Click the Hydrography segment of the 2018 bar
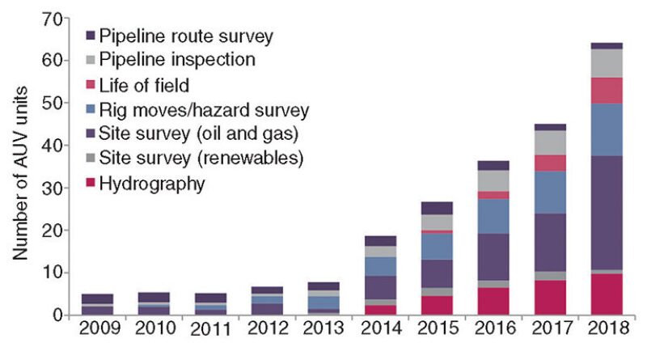click(606, 294)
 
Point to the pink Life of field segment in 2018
click(606, 91)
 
